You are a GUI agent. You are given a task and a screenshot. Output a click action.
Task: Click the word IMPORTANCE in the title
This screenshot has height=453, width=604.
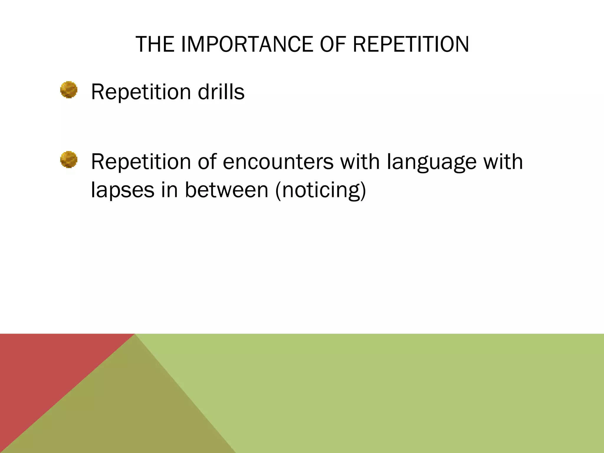pyautogui.click(x=247, y=45)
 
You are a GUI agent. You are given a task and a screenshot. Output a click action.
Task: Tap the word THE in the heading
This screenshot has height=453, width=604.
pyautogui.click(x=155, y=45)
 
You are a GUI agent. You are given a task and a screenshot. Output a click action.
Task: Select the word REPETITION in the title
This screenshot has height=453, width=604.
pyautogui.click(x=411, y=45)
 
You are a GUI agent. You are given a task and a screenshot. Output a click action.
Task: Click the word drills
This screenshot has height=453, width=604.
pyautogui.click(x=221, y=92)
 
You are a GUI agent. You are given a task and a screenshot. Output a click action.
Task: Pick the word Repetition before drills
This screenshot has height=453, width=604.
pyautogui.click(x=141, y=92)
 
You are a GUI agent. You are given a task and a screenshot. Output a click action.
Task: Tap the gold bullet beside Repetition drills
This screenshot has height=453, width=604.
pyautogui.click(x=69, y=90)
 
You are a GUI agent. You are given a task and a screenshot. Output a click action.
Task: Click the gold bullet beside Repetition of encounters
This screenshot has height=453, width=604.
pyautogui.click(x=69, y=160)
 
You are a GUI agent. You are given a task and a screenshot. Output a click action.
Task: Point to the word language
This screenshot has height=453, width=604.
pyautogui.click(x=431, y=162)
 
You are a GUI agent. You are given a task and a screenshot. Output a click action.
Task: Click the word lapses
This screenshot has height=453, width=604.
pyautogui.click(x=122, y=190)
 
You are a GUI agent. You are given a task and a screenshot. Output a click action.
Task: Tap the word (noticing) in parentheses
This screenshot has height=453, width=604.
pyautogui.click(x=321, y=190)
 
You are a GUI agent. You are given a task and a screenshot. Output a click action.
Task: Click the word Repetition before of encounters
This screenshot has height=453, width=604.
pyautogui.click(x=141, y=162)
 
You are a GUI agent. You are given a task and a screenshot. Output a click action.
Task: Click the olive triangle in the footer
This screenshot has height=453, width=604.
pyautogui.click(x=124, y=413)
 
